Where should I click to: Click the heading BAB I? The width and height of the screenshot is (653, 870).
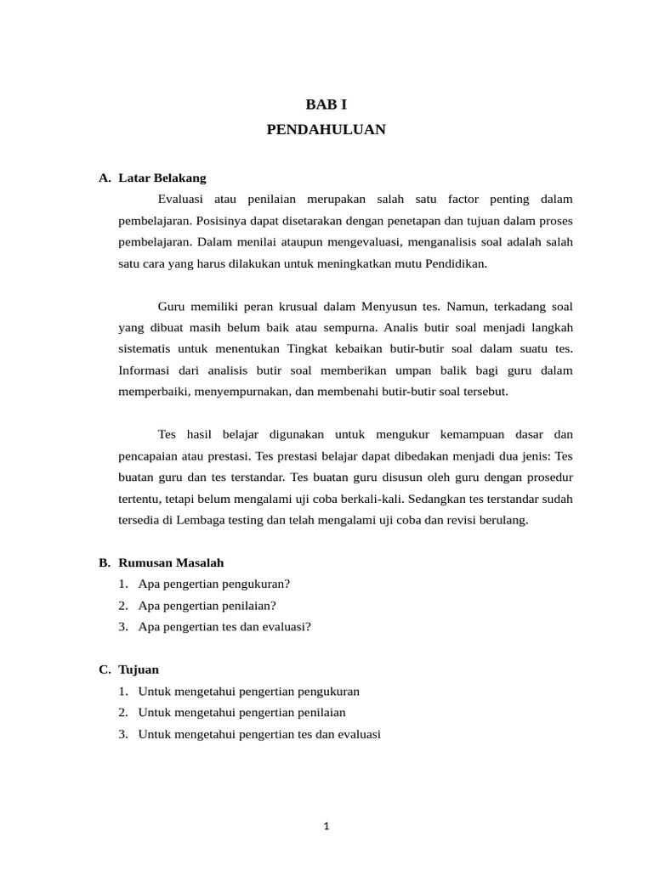(x=326, y=105)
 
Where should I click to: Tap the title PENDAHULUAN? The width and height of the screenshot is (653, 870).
(x=326, y=130)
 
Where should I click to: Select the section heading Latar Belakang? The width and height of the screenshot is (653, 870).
(x=162, y=178)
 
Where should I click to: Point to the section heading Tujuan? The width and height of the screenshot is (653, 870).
(x=139, y=669)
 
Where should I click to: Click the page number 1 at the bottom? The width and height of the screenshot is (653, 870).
(x=326, y=825)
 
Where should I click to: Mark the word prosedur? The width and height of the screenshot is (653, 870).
(x=547, y=477)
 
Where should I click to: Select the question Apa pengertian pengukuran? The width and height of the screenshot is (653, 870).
(x=213, y=584)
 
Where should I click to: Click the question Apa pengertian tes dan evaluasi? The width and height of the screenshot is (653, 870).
(x=224, y=627)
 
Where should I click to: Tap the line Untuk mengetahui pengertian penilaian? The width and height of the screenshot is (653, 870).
(x=241, y=712)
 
